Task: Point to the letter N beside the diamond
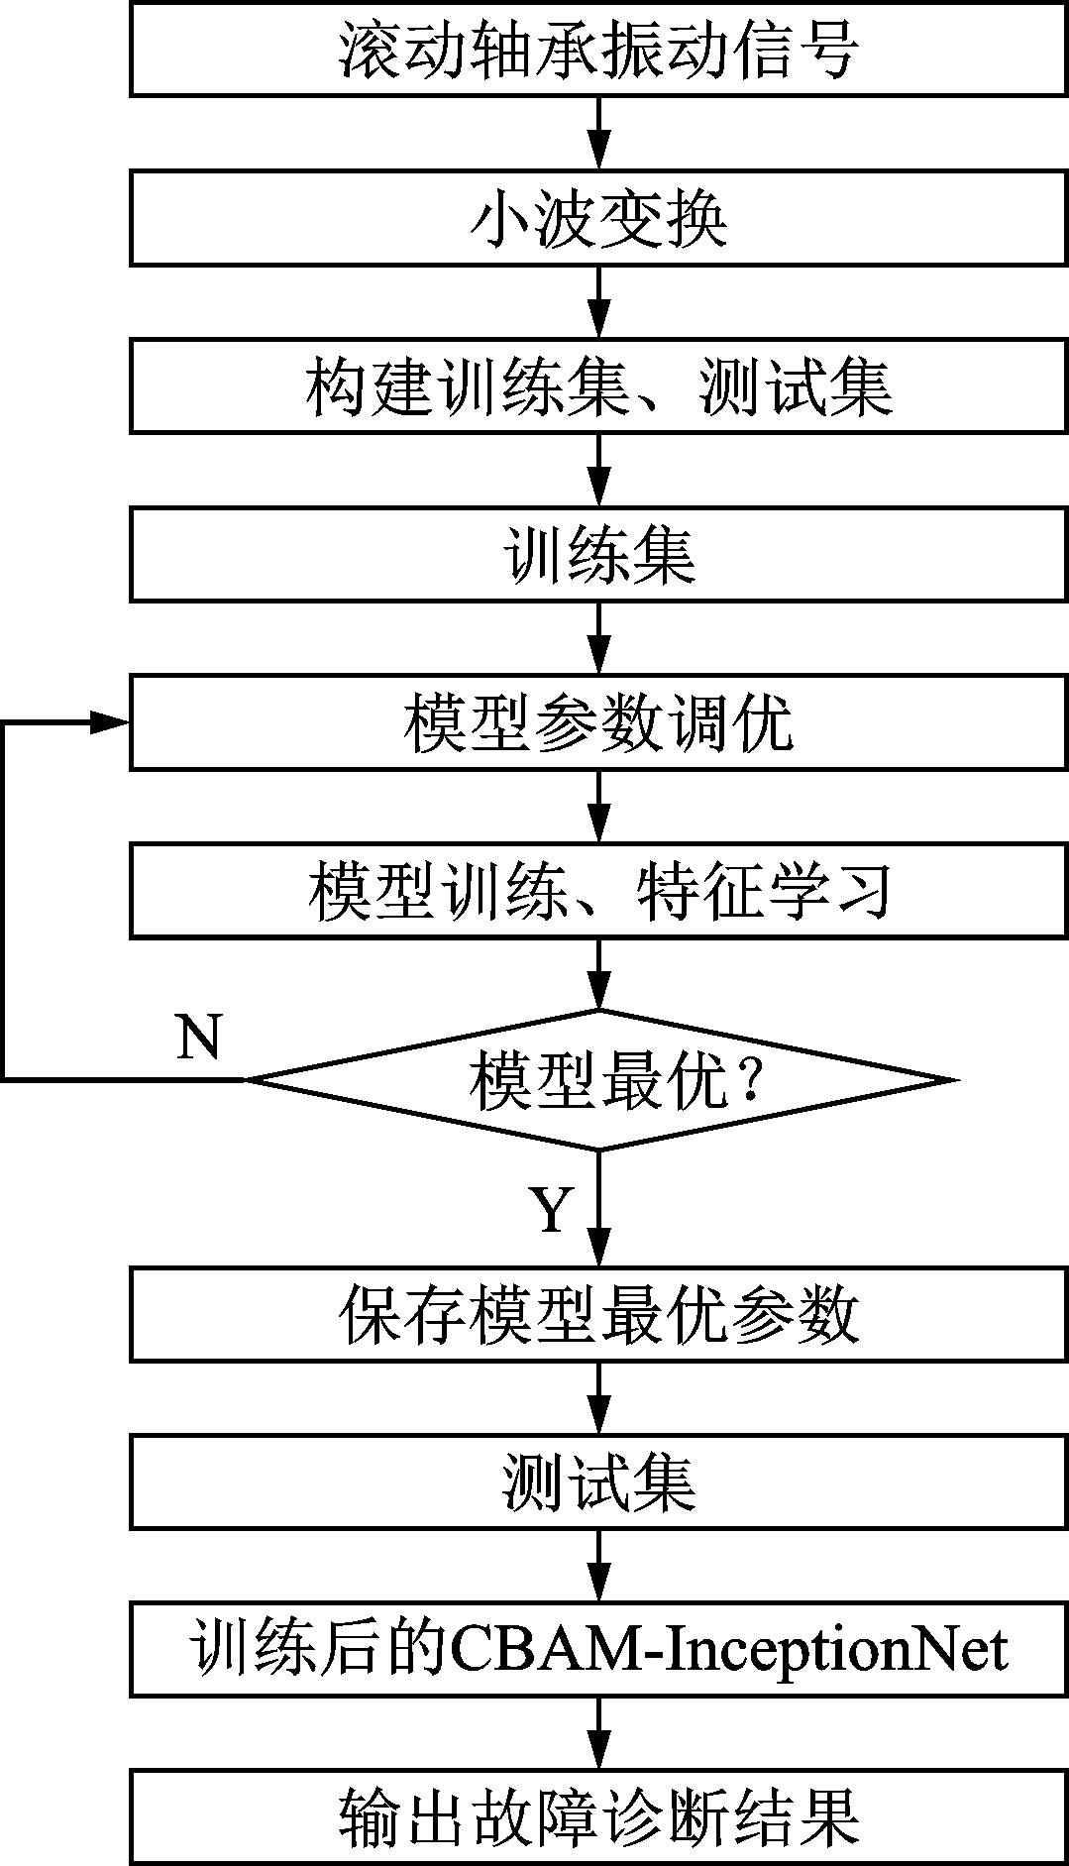point(198,1037)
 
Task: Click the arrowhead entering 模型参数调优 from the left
point(110,722)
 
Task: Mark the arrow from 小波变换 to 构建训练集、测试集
point(599,301)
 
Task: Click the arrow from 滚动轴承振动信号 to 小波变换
point(599,133)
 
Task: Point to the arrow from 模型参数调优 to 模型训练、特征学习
point(599,806)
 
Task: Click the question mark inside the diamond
point(748,1079)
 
